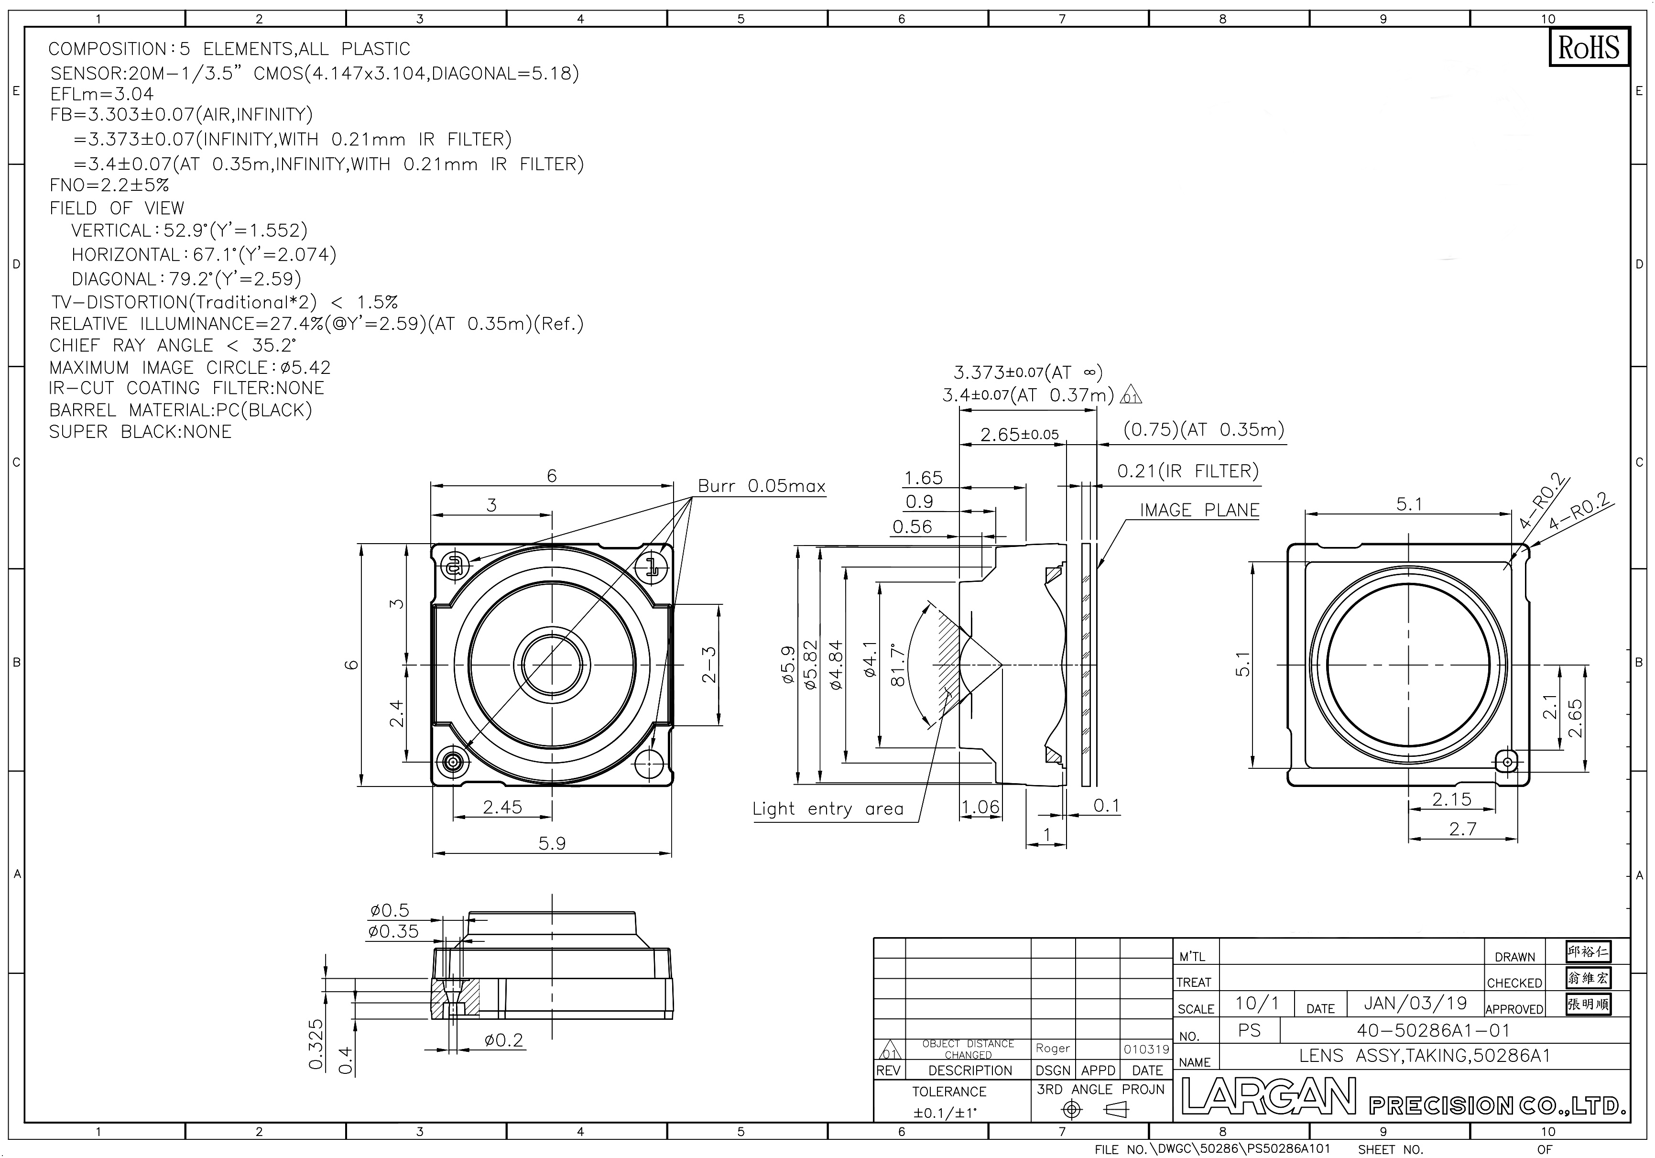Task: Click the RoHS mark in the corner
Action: (x=1588, y=48)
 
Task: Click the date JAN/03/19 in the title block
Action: (x=1415, y=1003)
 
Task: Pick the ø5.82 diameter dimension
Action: (x=810, y=665)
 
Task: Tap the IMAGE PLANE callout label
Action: (x=1199, y=511)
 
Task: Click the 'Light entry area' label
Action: (x=827, y=809)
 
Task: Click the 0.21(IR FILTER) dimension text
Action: (x=1188, y=471)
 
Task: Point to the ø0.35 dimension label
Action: (x=393, y=931)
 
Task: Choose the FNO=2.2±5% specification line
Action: (x=109, y=186)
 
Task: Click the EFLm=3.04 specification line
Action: (x=102, y=94)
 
